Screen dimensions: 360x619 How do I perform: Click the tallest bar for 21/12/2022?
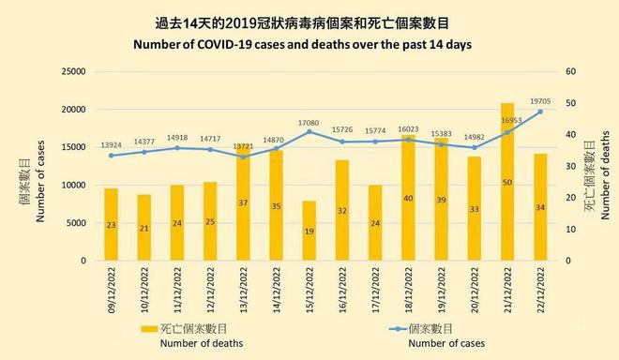tap(507, 182)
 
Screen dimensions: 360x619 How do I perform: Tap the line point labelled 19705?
tap(540, 112)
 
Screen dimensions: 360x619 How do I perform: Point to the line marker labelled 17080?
tap(309, 131)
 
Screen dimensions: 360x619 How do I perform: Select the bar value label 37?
tap(243, 202)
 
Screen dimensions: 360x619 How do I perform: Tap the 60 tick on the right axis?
tap(567, 71)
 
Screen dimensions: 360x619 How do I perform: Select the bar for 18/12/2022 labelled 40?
tap(408, 198)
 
